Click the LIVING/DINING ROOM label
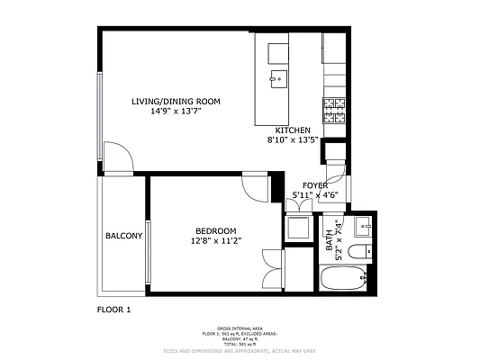[177, 101]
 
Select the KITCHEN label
[293, 130]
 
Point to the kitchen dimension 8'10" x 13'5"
[293, 140]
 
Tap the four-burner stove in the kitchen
[334, 110]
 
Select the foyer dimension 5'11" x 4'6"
[313, 195]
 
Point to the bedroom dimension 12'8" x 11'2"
[216, 240]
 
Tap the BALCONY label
[123, 236]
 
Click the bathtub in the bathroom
[343, 278]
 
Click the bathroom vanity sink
[365, 225]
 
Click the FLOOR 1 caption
[113, 309]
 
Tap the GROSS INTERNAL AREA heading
[239, 328]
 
